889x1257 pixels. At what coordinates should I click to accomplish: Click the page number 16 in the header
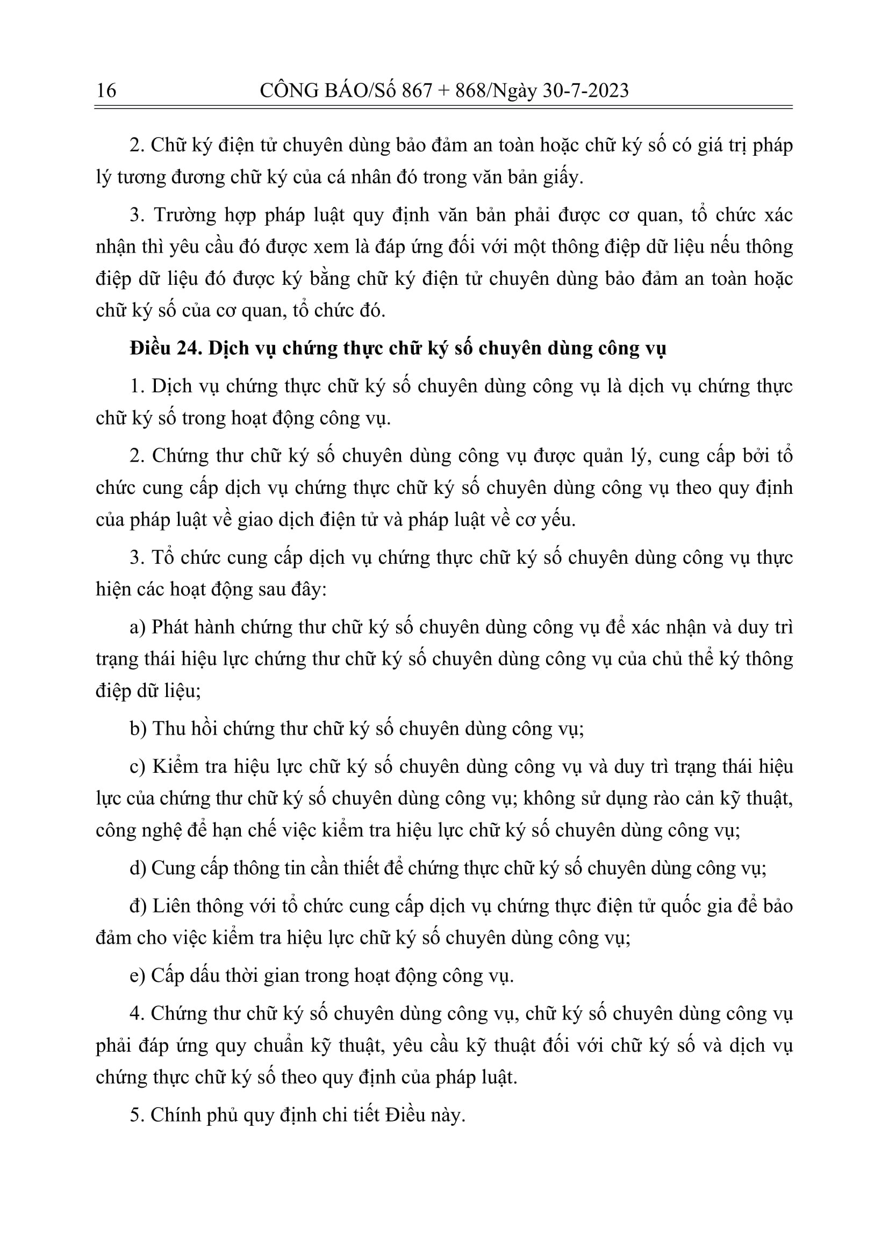coord(106,90)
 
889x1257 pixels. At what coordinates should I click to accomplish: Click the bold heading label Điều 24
coord(166,349)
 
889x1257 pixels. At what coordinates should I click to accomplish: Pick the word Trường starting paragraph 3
coord(184,215)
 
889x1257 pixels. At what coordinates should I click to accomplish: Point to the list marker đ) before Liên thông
coord(138,906)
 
